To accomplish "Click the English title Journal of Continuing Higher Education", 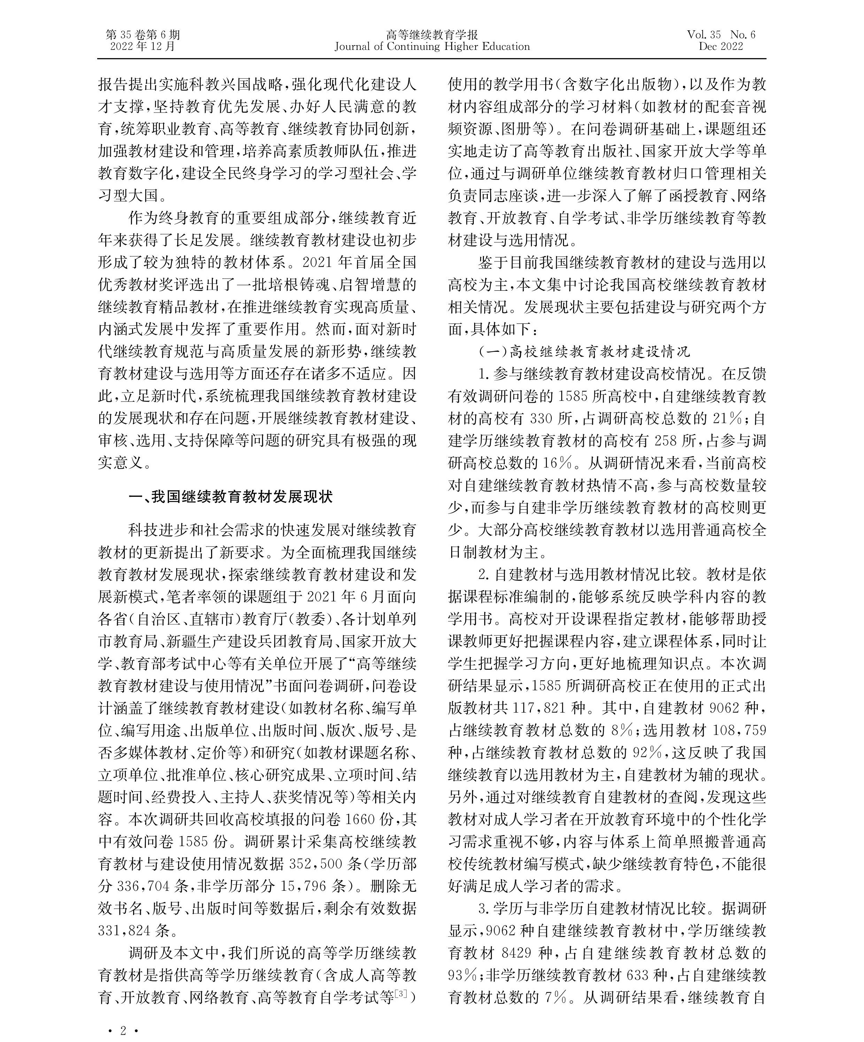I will pos(432,47).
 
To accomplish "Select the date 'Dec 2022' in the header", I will pos(721,47).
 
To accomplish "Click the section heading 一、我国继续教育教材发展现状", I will pos(230,497).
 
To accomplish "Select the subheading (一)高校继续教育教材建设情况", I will pos(584,352).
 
